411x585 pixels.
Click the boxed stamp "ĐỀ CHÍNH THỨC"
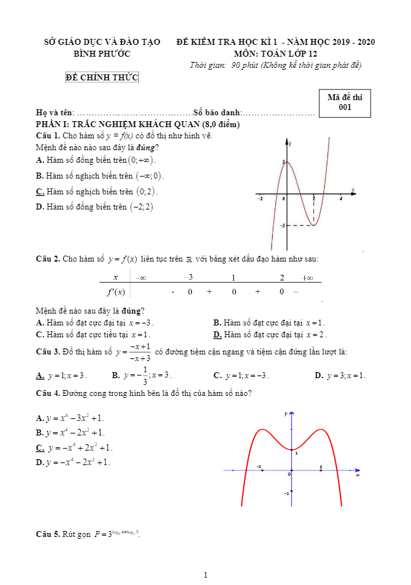click(x=102, y=78)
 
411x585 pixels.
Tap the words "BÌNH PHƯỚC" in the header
click(x=102, y=53)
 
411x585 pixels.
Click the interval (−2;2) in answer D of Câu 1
click(x=140, y=207)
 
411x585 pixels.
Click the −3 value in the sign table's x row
click(x=188, y=277)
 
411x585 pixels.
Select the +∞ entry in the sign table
click(x=307, y=277)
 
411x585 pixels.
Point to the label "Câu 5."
click(x=48, y=534)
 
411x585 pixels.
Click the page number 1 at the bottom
click(x=205, y=575)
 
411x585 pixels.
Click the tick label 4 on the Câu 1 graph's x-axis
click(x=341, y=198)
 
